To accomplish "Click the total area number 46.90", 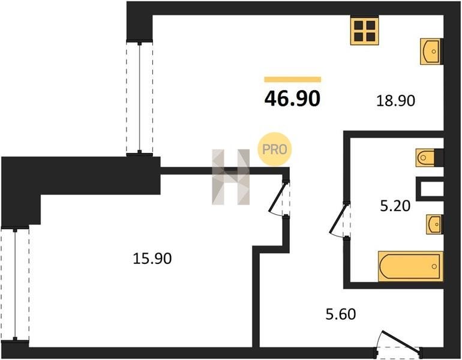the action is coord(292,98).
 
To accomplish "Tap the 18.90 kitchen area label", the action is coord(396,101).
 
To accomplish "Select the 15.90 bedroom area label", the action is coord(152,259).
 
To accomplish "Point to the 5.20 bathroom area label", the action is coord(395,206).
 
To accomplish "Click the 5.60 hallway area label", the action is coord(341,314).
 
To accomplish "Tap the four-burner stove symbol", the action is coord(364,31).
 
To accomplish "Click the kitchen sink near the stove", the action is coord(431,52).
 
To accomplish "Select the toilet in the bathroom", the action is coord(425,158).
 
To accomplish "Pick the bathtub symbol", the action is coord(410,266).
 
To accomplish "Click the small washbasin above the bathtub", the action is coord(434,224).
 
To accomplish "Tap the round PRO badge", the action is coord(275,149).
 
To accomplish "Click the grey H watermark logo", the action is coord(231,177).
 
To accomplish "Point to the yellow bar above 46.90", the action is coord(293,79).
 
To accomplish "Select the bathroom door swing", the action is coord(339,219).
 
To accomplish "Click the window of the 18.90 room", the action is coord(140,98).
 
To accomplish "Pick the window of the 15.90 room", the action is coord(15,284).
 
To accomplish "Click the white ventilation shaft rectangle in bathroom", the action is coord(431,189).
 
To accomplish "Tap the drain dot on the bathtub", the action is coord(434,266).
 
